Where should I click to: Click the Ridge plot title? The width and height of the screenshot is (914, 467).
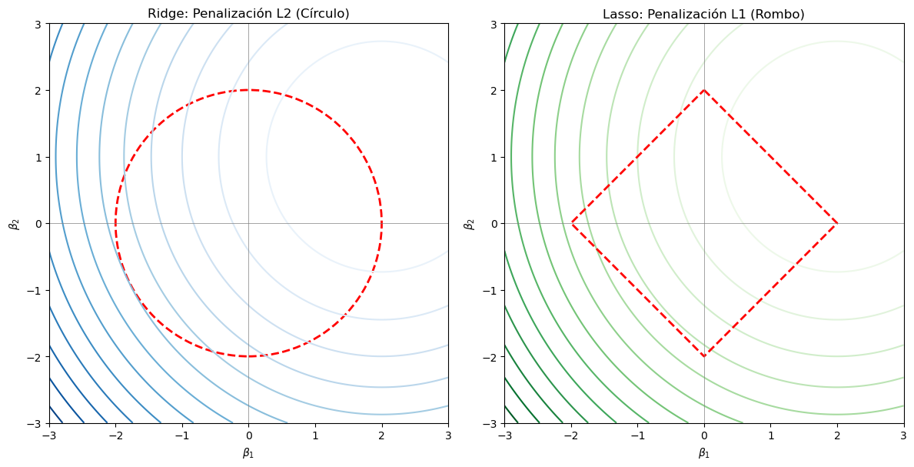point(248,14)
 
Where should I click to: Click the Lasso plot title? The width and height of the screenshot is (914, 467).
point(703,14)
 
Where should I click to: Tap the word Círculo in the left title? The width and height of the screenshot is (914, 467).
point(323,14)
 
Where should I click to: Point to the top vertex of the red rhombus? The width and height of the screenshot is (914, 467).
point(704,90)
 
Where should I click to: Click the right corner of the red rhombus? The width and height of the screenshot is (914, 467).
point(837,223)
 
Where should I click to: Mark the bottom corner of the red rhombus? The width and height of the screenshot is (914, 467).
point(704,356)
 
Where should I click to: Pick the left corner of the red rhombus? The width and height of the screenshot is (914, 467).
point(571,223)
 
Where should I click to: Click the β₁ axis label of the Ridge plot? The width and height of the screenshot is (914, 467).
point(248,453)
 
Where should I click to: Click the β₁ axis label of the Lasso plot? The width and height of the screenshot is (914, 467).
point(704,453)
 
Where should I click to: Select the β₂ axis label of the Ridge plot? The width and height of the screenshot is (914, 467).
point(13,223)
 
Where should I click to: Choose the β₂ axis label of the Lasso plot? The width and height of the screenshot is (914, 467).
point(468,223)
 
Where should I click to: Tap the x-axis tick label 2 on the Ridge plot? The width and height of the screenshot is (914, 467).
point(382,435)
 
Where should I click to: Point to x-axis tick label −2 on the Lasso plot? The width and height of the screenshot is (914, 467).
point(569,435)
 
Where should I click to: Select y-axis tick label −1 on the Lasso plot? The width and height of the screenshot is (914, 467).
point(491,290)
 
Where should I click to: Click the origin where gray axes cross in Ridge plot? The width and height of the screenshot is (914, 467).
point(248,223)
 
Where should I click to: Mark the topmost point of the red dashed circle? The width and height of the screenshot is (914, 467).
point(248,90)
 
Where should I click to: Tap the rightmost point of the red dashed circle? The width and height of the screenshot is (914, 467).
point(381,223)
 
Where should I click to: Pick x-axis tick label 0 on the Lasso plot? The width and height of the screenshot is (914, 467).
point(704,435)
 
